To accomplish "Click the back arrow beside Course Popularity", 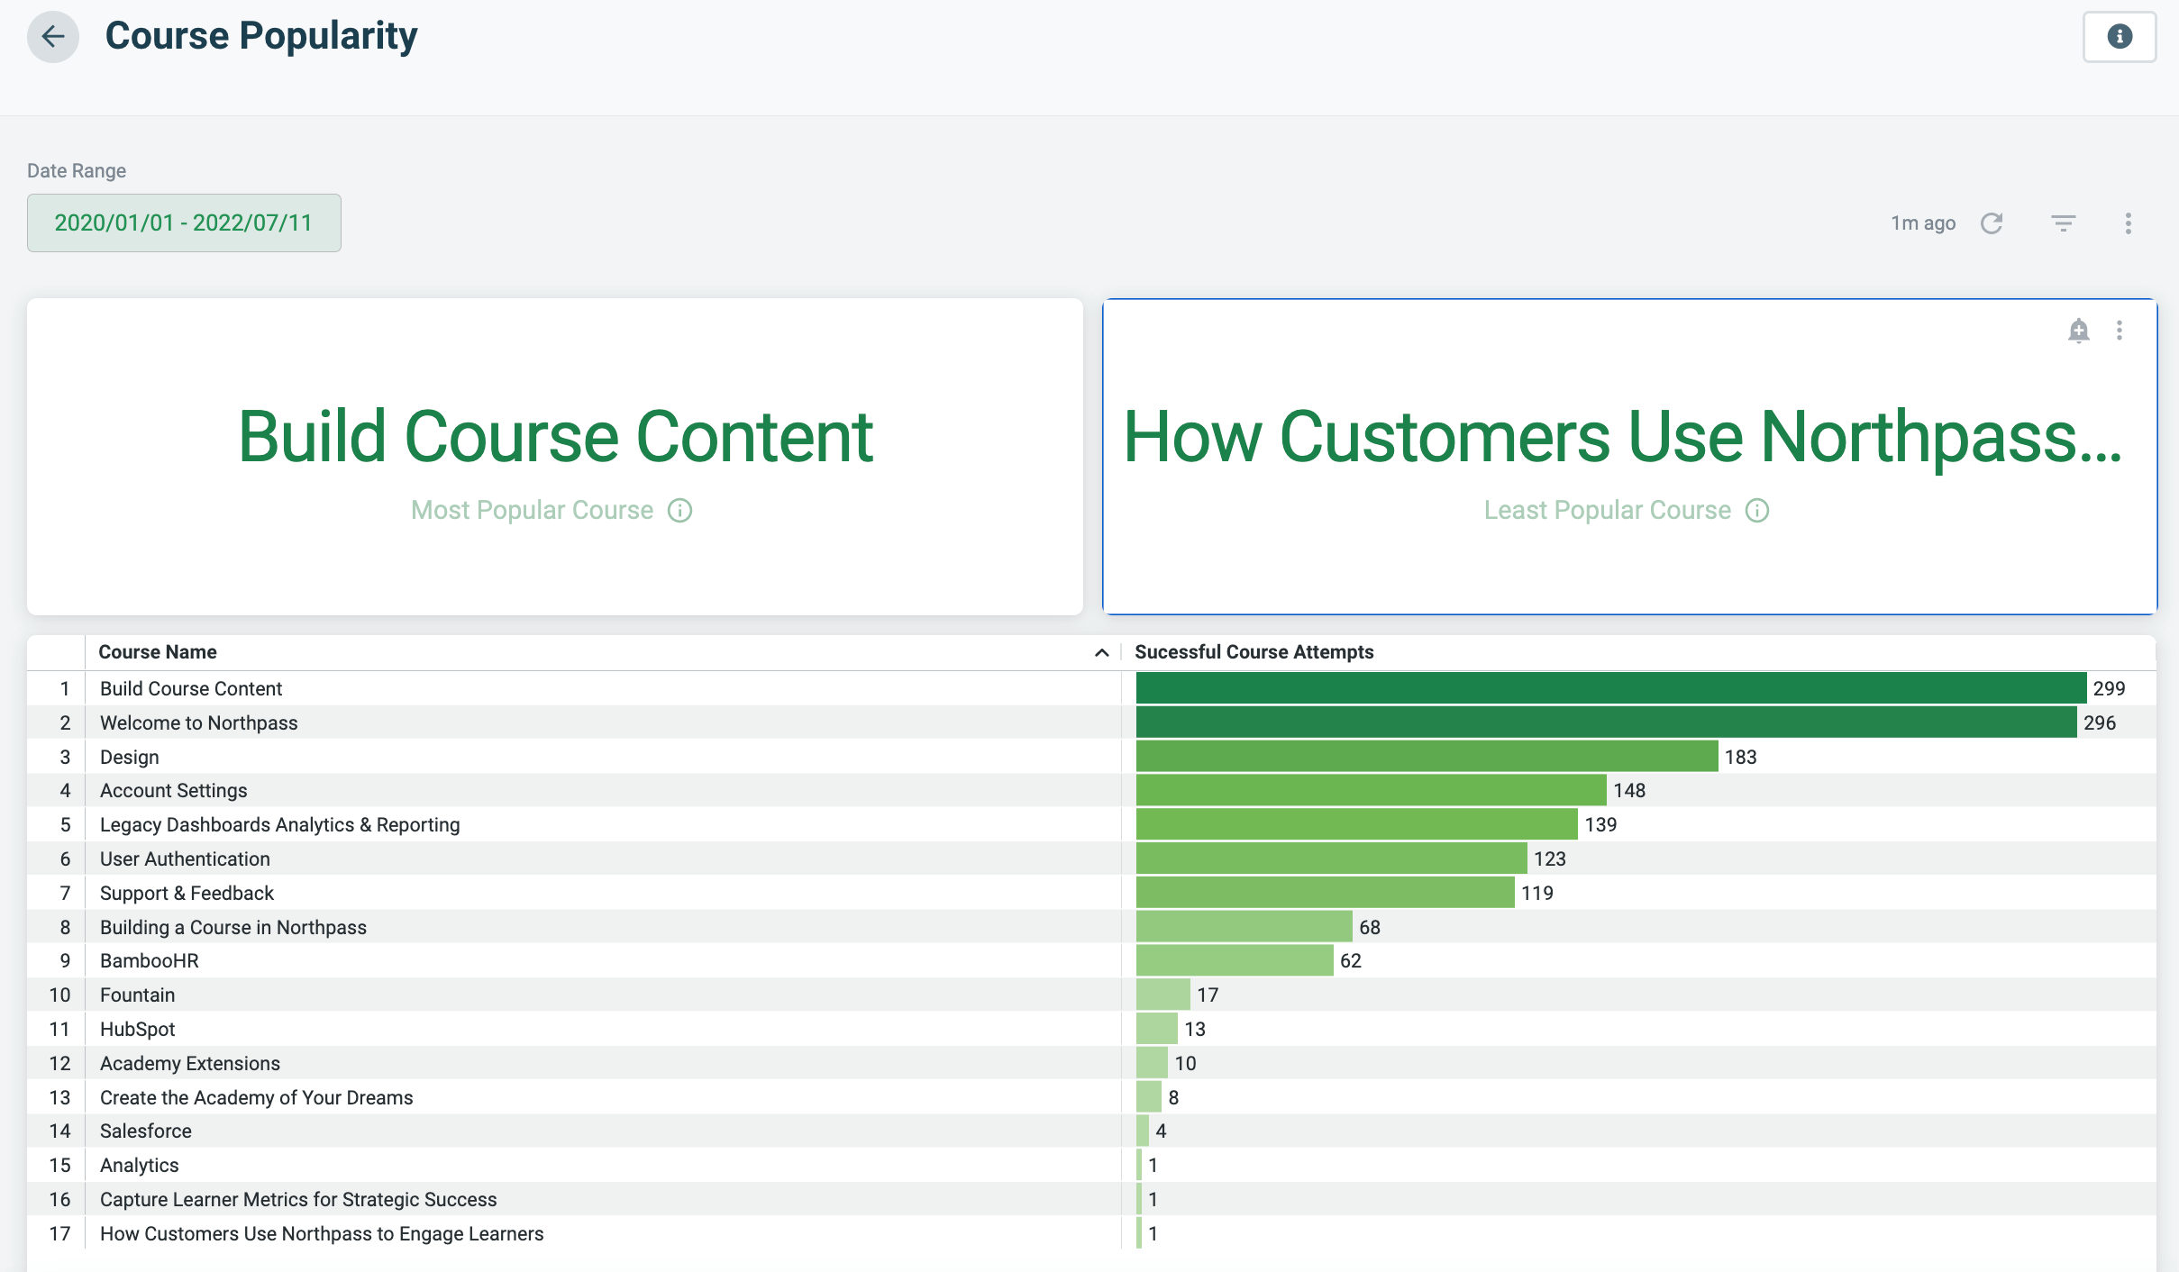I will [x=53, y=37].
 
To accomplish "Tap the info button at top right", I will [x=2119, y=37].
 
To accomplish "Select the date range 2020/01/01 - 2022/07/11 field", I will [x=184, y=223].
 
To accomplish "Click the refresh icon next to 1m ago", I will [x=1992, y=223].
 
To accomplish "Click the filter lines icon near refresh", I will [x=2063, y=223].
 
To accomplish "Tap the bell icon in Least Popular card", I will [x=2078, y=331].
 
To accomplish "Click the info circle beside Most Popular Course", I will [x=679, y=511].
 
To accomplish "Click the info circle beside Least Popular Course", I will [x=1756, y=511].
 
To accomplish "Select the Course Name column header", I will [x=158, y=652].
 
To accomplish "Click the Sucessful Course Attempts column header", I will [x=1254, y=652].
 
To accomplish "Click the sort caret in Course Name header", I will [x=1101, y=653].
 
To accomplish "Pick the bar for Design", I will [x=1427, y=757].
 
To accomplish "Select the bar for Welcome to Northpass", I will [x=1606, y=722].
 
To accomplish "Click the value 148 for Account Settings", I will [x=1629, y=791].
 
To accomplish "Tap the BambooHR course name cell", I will [x=150, y=961].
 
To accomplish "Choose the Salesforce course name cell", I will [x=146, y=1131].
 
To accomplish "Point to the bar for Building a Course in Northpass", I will [x=1244, y=927].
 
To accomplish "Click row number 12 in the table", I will [x=59, y=1064].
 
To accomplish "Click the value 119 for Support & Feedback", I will [x=1537, y=894].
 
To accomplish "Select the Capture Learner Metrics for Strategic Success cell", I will [x=298, y=1200].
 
